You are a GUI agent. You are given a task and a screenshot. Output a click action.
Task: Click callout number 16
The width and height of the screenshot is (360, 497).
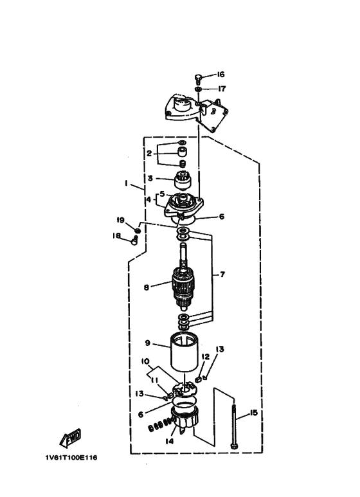221,74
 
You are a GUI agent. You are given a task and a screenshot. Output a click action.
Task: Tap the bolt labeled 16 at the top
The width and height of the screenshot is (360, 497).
198,78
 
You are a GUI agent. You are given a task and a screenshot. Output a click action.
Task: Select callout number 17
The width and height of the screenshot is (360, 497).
222,89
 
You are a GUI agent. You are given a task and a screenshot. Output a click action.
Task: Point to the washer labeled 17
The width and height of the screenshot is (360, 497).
198,89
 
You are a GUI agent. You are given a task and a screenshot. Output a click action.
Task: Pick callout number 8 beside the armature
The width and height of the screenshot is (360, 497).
146,287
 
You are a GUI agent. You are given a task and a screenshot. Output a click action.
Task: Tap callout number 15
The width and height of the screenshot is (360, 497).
254,413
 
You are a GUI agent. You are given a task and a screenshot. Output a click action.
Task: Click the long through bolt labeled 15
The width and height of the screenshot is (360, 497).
234,426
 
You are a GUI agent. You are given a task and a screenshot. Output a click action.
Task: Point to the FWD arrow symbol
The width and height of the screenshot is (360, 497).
70,438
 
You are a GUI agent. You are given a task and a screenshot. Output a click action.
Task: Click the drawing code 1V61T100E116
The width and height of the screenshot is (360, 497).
71,457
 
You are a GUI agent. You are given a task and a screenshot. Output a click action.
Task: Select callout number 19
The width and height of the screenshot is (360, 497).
120,220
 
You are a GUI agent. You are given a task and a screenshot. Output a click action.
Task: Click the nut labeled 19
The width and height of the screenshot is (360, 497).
138,230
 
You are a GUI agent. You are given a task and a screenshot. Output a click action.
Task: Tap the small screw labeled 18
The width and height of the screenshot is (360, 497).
134,240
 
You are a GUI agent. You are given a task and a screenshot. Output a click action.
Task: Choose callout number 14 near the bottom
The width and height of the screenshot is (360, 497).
170,441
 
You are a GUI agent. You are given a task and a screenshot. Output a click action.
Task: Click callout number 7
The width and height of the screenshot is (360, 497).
222,274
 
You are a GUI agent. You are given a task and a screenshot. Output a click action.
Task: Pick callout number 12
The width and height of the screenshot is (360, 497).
205,357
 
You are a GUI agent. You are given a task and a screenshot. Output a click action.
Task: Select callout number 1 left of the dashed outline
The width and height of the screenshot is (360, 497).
126,183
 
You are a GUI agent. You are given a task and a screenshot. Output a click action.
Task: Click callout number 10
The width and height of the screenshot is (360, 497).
145,361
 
